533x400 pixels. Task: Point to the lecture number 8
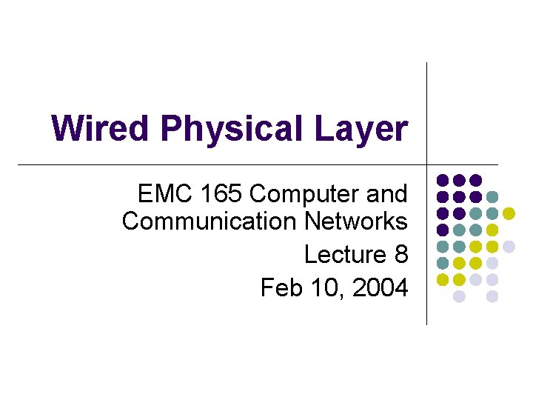click(x=401, y=254)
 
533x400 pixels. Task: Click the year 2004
click(x=380, y=287)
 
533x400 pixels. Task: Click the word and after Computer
click(x=386, y=194)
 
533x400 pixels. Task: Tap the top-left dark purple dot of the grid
click(x=442, y=180)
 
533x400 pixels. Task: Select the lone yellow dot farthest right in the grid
click(x=509, y=213)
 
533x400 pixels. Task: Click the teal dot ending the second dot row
click(x=492, y=197)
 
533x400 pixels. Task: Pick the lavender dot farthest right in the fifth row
click(x=509, y=247)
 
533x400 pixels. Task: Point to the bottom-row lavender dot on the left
click(x=459, y=296)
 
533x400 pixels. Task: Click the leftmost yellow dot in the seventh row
click(x=442, y=280)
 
